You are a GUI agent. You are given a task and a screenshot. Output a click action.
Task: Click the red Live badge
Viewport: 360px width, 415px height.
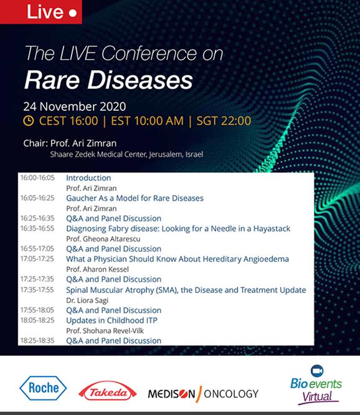coord(40,12)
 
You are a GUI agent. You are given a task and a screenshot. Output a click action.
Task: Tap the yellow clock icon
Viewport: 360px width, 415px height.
coord(29,121)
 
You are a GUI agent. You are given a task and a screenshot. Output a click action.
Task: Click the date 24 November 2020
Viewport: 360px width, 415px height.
coord(75,106)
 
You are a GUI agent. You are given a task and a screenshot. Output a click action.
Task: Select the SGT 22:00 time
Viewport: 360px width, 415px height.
coord(224,121)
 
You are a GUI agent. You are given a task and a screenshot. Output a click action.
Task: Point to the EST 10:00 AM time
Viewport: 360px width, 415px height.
coord(147,121)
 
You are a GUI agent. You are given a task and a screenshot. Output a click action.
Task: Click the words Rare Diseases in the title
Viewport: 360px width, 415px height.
coord(108,80)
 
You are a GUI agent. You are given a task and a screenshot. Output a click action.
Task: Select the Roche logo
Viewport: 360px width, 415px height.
coord(43,388)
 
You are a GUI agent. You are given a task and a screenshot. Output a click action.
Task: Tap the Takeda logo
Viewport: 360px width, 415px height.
coord(108,391)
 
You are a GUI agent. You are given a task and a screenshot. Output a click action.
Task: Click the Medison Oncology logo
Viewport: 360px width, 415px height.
coord(203,394)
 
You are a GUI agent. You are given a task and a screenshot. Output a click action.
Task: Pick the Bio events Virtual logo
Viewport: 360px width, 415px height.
coord(316,385)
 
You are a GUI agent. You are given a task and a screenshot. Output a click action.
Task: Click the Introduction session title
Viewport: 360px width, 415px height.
coord(88,178)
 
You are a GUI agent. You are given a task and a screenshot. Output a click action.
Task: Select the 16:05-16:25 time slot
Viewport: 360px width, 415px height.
coord(37,198)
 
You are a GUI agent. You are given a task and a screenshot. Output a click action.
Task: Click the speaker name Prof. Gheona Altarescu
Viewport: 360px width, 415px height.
coord(103,239)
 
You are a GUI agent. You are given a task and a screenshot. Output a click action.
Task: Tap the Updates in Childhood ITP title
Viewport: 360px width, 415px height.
coord(111,320)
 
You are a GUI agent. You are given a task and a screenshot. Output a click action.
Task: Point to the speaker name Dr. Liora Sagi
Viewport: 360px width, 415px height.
coord(87,300)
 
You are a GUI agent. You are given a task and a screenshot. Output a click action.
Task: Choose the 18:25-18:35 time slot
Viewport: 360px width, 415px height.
coord(37,340)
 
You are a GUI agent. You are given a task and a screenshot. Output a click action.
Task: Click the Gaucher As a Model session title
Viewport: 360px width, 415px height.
coord(135,198)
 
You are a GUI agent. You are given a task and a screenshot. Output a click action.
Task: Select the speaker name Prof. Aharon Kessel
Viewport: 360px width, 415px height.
coord(97,269)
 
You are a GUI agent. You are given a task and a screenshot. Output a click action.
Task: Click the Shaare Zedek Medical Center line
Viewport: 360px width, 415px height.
coord(126,154)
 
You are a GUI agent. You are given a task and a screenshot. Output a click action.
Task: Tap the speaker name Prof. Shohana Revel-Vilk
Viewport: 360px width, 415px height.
coord(105,330)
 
